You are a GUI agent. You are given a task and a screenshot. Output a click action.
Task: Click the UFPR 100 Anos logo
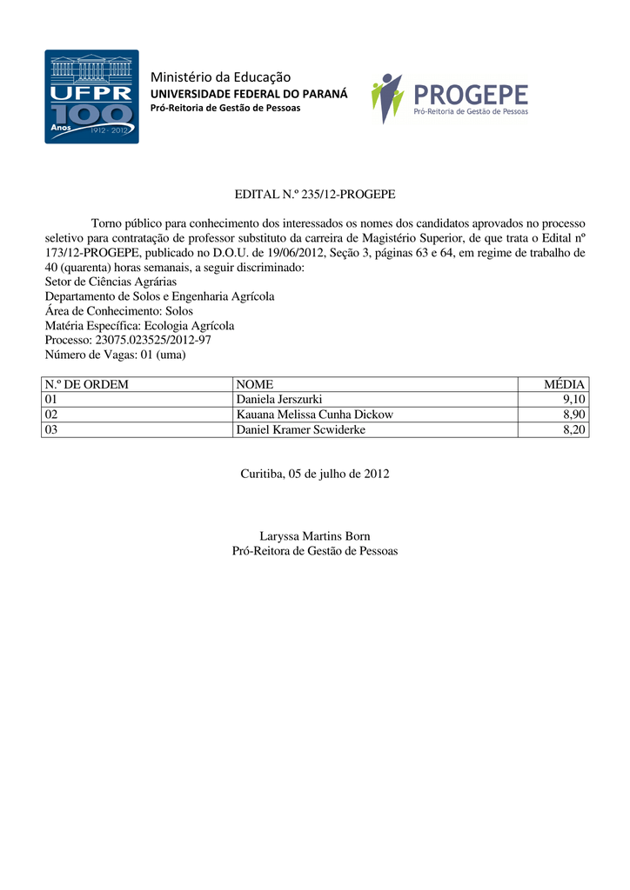pos(91,96)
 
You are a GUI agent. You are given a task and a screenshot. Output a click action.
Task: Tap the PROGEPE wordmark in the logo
pos(471,93)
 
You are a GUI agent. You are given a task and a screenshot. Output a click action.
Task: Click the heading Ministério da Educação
pos(221,77)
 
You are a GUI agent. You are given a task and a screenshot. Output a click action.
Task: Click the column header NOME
pos(255,384)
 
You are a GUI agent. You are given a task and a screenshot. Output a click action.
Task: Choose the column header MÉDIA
pos(565,384)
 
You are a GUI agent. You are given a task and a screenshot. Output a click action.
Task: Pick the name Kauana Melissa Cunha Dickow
pos(315,415)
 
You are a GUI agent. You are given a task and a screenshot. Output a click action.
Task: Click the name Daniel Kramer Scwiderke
pos(301,429)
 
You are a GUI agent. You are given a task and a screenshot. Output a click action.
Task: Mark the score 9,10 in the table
pos(573,399)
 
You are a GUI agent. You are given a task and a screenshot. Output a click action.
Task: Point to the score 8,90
pos(573,415)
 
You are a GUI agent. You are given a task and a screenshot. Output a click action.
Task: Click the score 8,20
pos(573,429)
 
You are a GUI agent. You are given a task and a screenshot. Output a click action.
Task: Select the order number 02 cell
pos(51,415)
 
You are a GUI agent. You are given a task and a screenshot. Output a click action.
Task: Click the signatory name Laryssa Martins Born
pos(315,536)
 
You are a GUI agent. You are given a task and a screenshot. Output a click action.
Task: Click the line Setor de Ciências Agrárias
pos(111,282)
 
